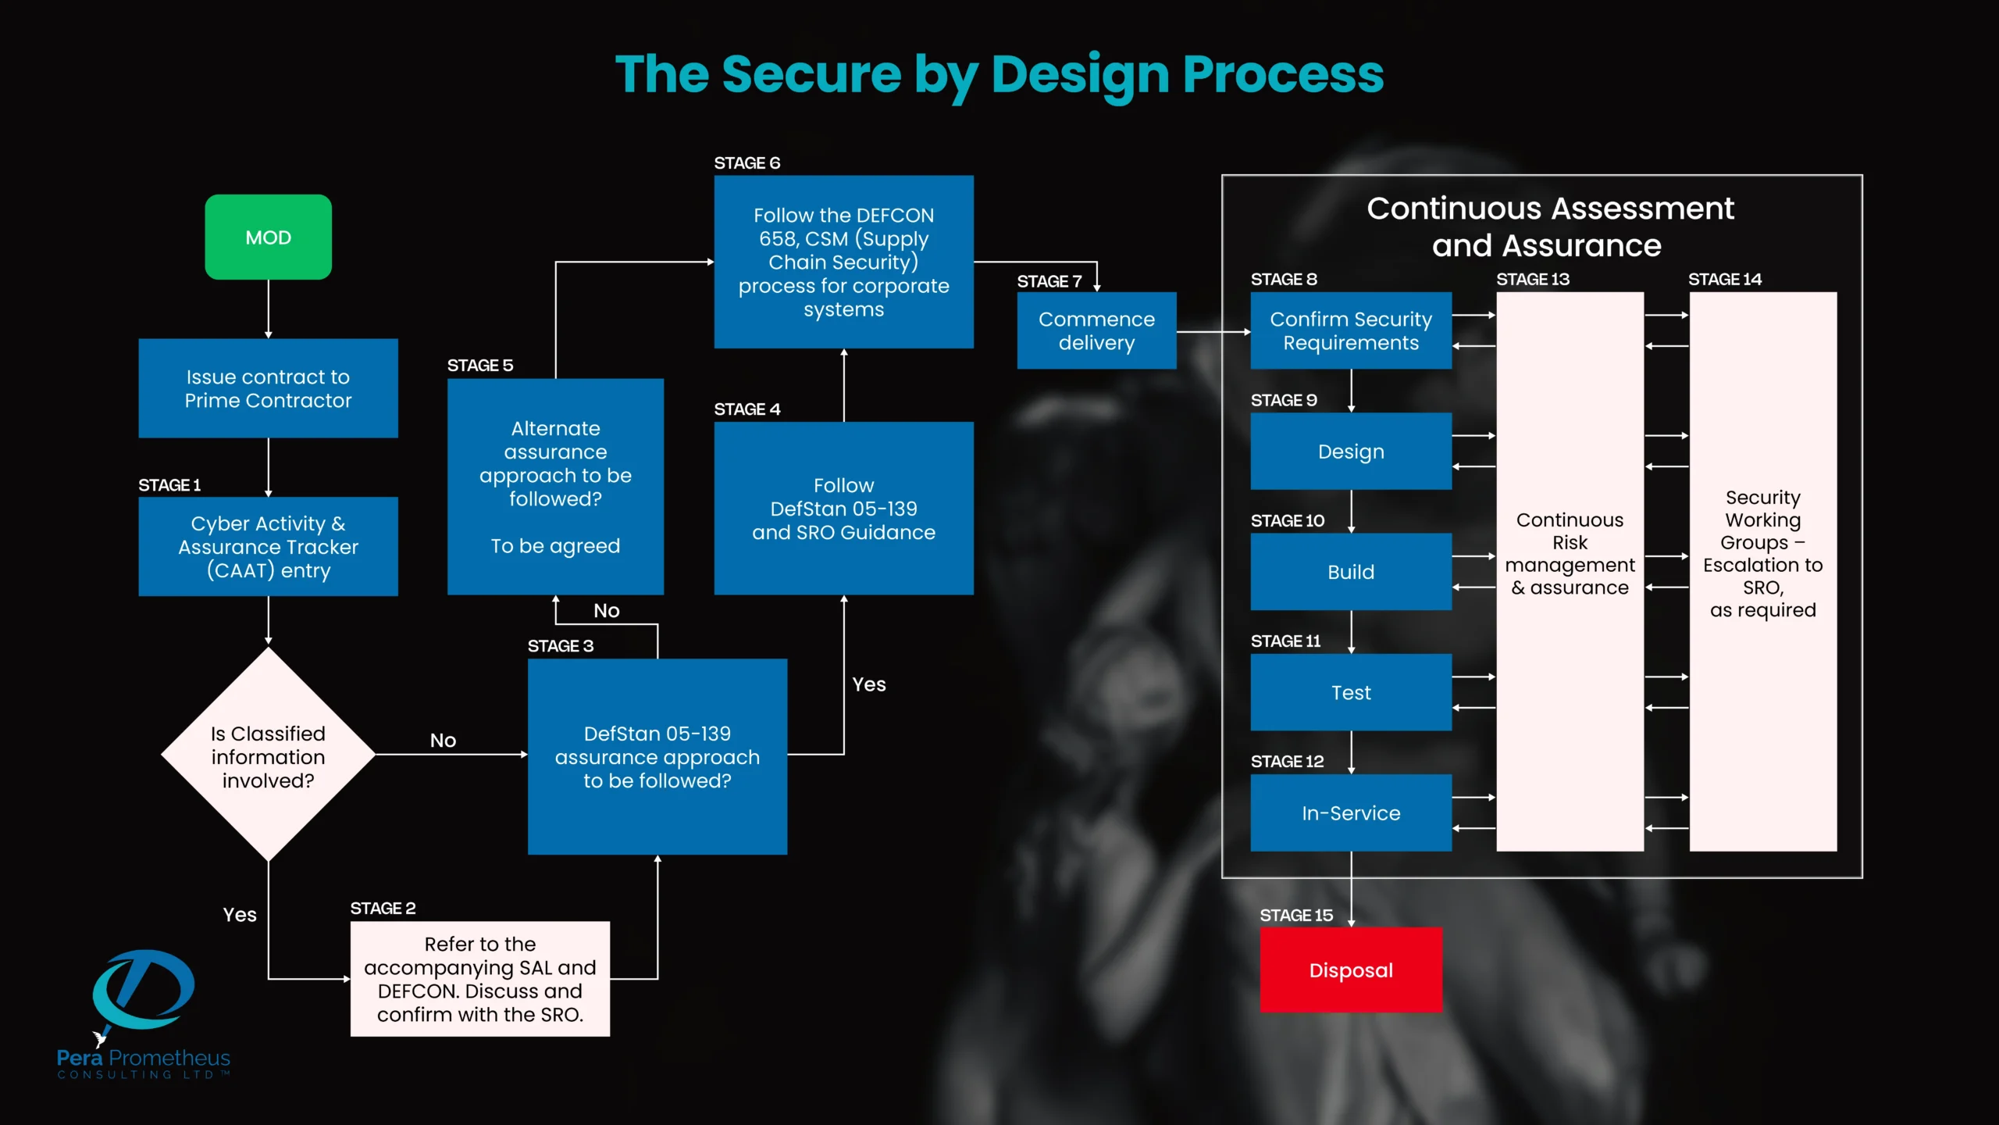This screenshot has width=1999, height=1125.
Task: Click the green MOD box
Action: tap(268, 237)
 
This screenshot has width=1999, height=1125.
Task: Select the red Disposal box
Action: tap(1350, 970)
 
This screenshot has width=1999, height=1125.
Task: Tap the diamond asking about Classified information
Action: tap(268, 755)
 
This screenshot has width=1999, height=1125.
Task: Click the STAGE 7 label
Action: tap(1049, 281)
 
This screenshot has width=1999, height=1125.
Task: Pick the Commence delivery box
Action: tap(1096, 330)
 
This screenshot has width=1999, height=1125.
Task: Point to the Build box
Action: tap(1350, 572)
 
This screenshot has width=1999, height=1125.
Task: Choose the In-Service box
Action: tap(1350, 812)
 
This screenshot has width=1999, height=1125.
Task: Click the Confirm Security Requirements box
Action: tap(1350, 330)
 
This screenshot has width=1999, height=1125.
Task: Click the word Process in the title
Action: tap(1282, 75)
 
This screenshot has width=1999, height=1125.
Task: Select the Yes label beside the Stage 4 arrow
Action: tap(868, 684)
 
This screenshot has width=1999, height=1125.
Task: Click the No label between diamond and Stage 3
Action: tap(443, 740)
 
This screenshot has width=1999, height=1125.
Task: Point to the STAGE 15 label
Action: tap(1295, 915)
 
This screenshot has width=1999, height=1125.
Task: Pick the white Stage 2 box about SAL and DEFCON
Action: tap(479, 979)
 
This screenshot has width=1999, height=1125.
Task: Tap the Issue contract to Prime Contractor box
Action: tap(268, 388)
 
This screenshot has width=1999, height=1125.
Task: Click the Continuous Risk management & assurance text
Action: tap(1570, 553)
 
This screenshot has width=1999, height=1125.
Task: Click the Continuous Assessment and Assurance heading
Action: tap(1549, 227)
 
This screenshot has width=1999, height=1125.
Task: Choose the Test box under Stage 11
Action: tap(1350, 692)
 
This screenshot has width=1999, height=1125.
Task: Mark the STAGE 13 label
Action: tap(1532, 279)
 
